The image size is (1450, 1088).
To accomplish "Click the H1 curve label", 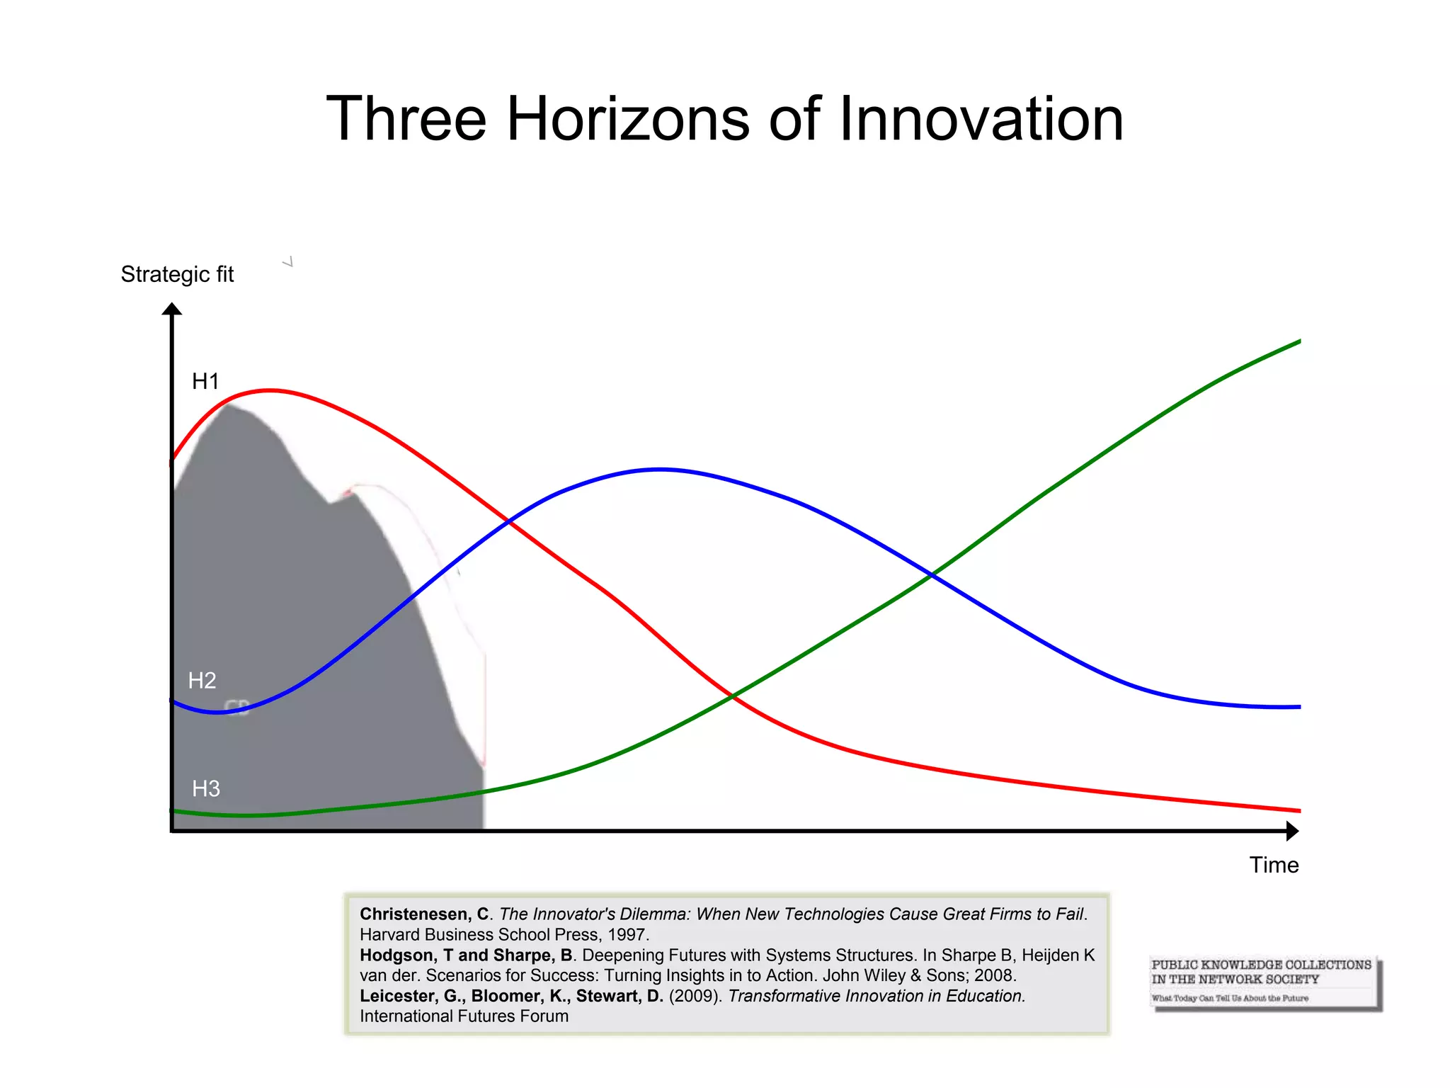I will click(x=205, y=382).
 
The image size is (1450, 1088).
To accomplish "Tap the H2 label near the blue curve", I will click(x=202, y=681).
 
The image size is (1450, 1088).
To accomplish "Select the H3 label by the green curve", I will click(x=206, y=788).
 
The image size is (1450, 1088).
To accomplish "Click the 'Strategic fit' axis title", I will click(x=177, y=274).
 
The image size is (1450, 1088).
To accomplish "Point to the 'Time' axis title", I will click(x=1274, y=865).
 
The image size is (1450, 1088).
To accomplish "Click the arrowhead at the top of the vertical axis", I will click(x=172, y=310).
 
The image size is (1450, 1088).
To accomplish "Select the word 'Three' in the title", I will click(x=406, y=119).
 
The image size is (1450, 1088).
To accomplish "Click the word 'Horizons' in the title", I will click(x=628, y=119).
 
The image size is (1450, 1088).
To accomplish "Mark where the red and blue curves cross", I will click(x=508, y=522).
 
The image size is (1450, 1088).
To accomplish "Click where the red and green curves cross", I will click(x=733, y=697).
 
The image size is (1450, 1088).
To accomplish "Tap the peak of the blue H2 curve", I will click(x=660, y=469).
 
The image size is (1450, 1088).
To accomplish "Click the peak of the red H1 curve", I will click(x=269, y=390).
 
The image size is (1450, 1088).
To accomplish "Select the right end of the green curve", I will click(x=1298, y=342).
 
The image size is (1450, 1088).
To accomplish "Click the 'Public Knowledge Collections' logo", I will click(x=1265, y=982).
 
